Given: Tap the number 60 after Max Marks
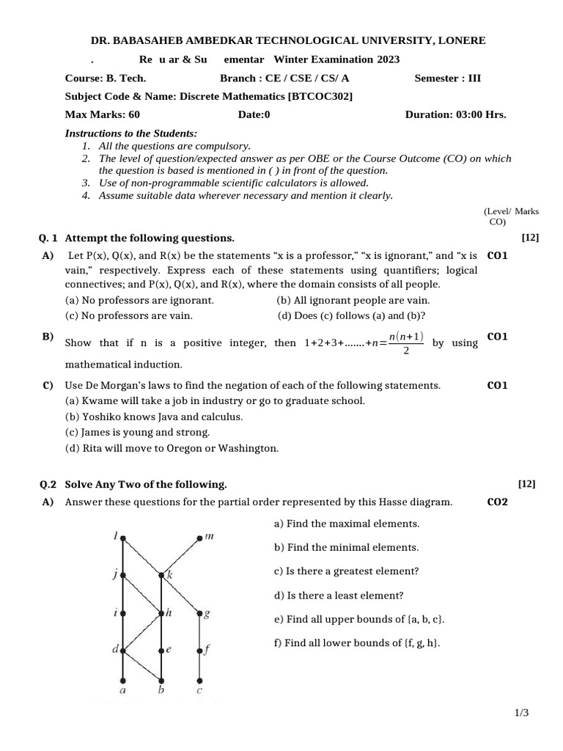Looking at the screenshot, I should (x=133, y=114).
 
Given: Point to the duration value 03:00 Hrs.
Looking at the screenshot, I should (x=481, y=114).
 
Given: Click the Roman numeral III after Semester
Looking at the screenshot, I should (x=474, y=78).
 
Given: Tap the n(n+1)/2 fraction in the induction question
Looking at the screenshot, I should (x=405, y=343).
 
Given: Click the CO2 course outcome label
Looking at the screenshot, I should (x=497, y=502).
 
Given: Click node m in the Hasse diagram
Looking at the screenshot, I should (x=200, y=539).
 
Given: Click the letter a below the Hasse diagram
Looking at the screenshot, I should (x=122, y=690).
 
